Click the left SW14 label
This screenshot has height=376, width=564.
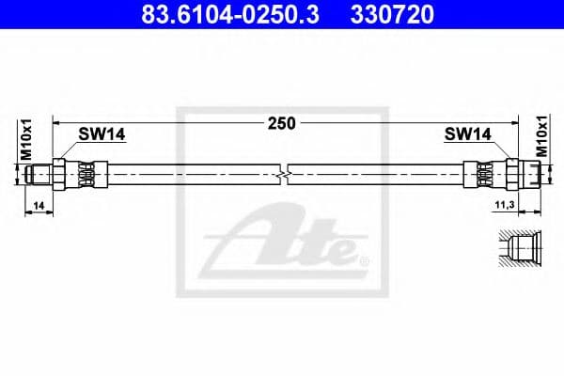click(102, 134)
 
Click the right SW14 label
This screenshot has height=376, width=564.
click(468, 134)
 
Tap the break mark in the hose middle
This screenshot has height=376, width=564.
click(286, 174)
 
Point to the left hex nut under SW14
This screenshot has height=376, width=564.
click(59, 174)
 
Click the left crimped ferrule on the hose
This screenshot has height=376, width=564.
click(86, 174)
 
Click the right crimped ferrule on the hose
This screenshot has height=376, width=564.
click(481, 174)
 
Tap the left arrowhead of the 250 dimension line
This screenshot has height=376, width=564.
click(56, 122)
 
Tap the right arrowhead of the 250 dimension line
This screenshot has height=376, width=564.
click(515, 122)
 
